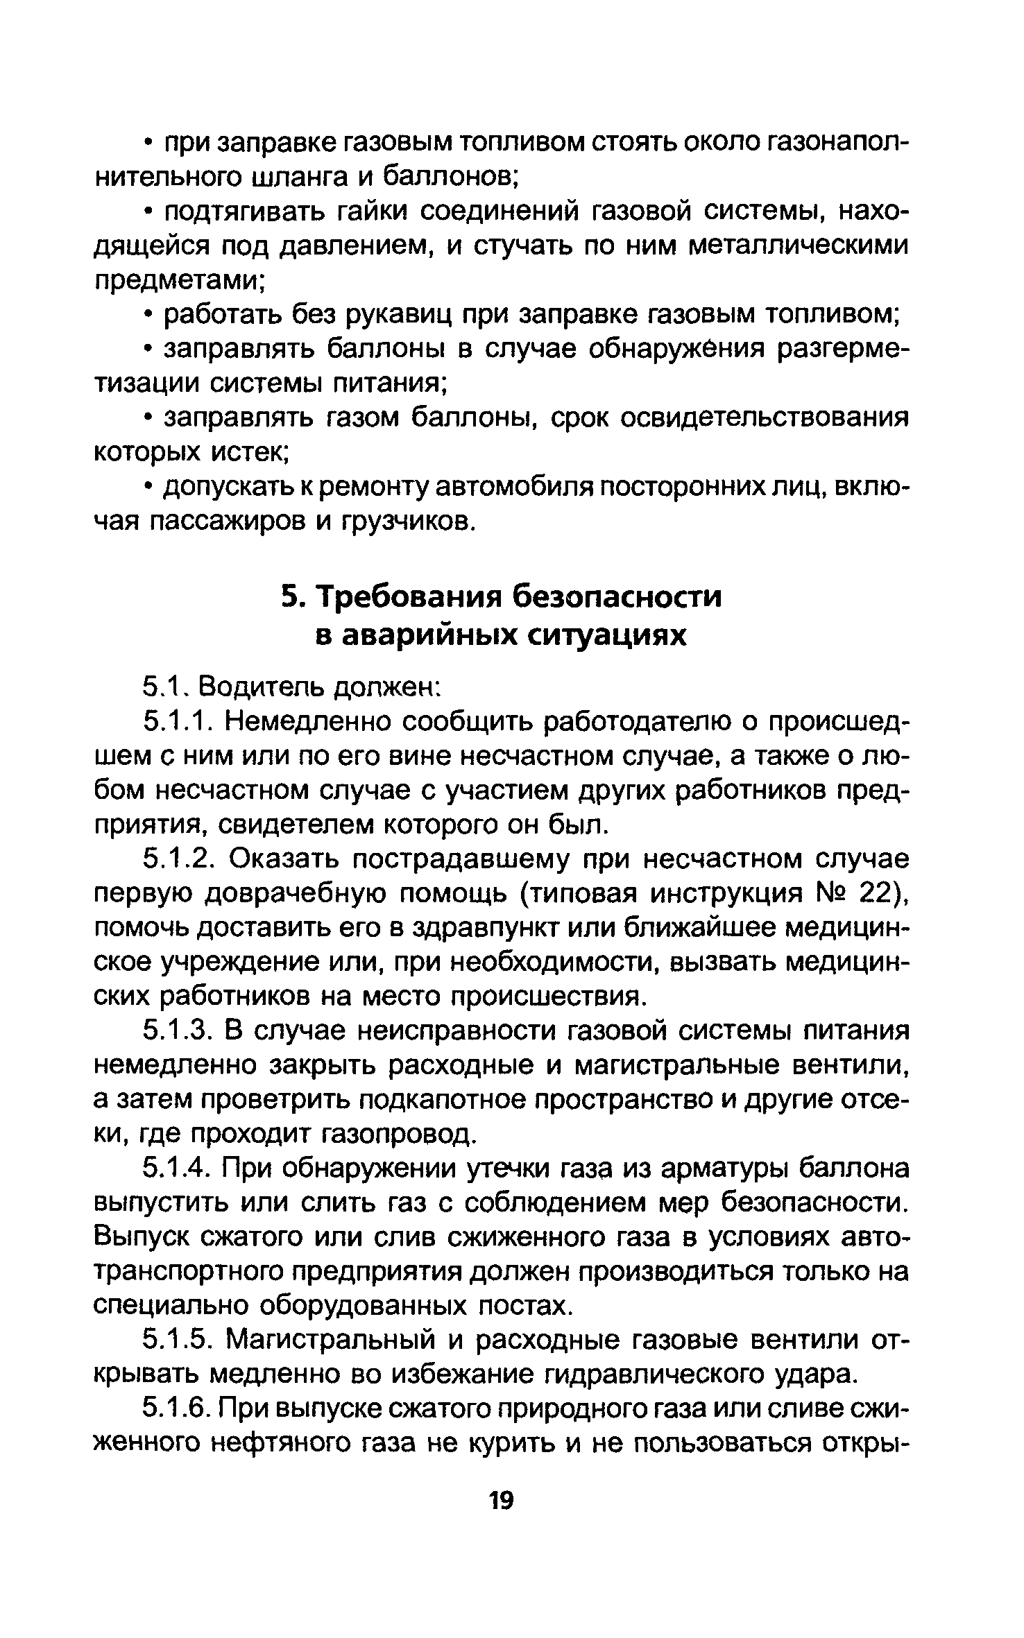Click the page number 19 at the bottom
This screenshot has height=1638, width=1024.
pos(500,1501)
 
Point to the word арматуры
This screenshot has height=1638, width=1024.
pos(722,1169)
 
